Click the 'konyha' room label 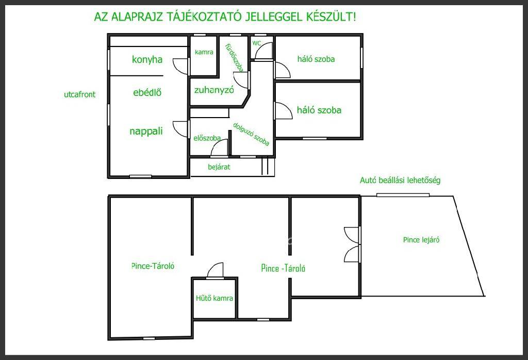[x=147, y=60]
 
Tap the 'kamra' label [x=204, y=52]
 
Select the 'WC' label [x=257, y=43]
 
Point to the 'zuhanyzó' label [x=214, y=90]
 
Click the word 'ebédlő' [x=147, y=92]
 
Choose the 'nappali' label [x=146, y=131]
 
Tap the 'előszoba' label [x=207, y=138]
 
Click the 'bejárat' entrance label [x=219, y=167]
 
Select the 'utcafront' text [x=79, y=94]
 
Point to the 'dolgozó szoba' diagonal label [x=251, y=134]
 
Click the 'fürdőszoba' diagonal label [x=234, y=58]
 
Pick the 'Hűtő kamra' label [x=214, y=298]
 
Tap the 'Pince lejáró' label [x=421, y=240]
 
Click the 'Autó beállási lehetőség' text [x=400, y=180]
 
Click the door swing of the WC [x=263, y=51]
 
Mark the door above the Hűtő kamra [x=215, y=270]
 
